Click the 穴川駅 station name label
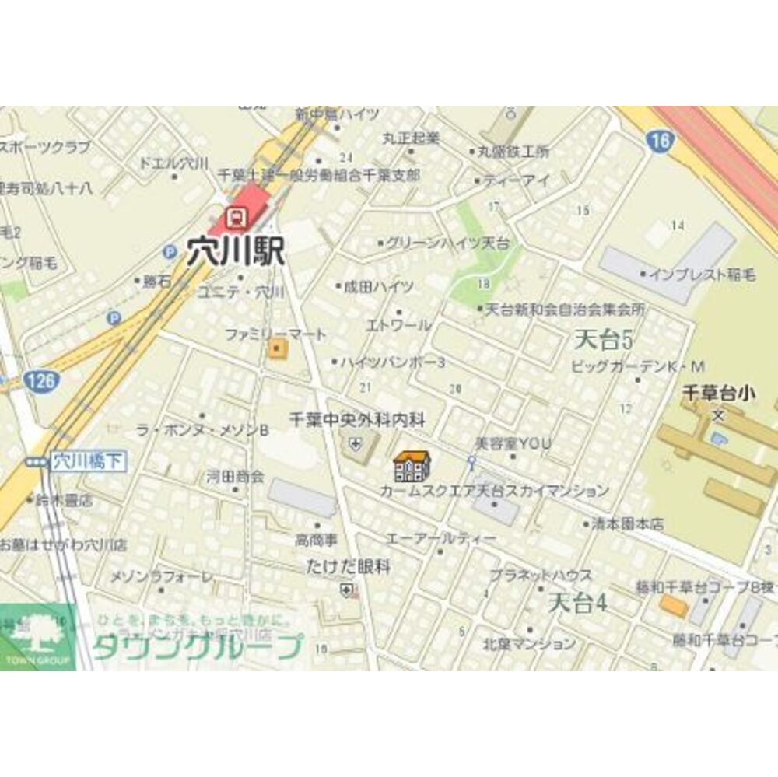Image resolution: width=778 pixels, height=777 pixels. click(236, 251)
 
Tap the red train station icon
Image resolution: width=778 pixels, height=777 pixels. click(236, 214)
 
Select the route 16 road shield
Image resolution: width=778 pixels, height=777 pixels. click(660, 141)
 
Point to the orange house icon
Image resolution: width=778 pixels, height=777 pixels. click(412, 465)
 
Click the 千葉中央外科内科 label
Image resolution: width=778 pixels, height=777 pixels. click(357, 420)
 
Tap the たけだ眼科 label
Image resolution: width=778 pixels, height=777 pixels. click(349, 567)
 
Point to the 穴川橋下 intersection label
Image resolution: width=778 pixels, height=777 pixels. click(88, 461)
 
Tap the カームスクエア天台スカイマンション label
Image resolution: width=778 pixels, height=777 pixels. click(494, 491)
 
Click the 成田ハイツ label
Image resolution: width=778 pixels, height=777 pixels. click(379, 286)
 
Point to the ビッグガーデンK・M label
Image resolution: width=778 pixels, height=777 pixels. click(637, 366)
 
